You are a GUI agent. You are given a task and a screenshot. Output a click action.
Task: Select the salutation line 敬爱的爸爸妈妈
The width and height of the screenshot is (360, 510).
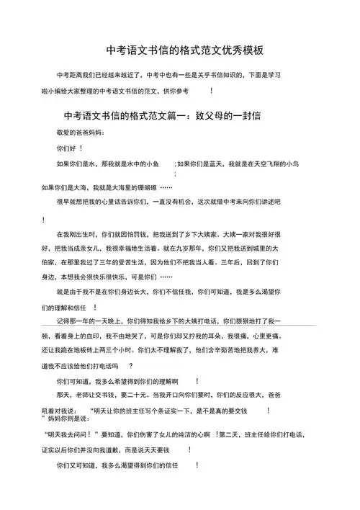pyautogui.click(x=80, y=133)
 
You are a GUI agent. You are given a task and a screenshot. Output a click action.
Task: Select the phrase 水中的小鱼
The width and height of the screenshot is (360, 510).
pyautogui.click(x=152, y=164)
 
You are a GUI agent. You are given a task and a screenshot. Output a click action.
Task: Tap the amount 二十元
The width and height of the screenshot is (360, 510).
pyautogui.click(x=145, y=395)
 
